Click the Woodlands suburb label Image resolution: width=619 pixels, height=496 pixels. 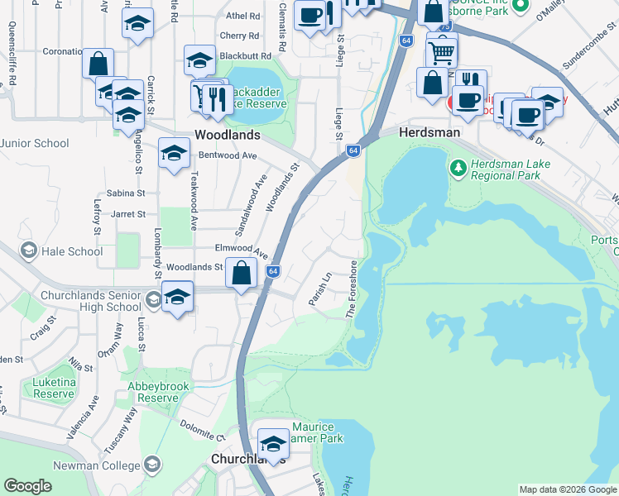[227, 134]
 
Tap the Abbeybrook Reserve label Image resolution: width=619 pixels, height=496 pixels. [159, 392]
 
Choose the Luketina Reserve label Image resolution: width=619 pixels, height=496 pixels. [54, 389]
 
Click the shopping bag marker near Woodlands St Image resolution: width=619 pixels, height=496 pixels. [241, 274]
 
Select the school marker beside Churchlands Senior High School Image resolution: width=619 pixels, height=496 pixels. [177, 296]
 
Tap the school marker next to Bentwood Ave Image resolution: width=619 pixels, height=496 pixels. [174, 153]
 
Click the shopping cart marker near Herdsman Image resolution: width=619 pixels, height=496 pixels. [442, 51]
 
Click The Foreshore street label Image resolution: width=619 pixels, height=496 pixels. [353, 289]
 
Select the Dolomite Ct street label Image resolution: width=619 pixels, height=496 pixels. [203, 430]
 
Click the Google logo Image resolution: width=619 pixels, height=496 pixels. [27, 486]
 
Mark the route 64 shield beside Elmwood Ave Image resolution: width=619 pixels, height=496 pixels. [273, 271]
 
